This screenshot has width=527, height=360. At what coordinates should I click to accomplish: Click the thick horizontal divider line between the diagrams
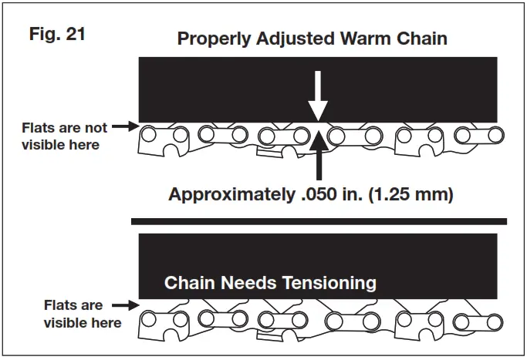tap(319, 221)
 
